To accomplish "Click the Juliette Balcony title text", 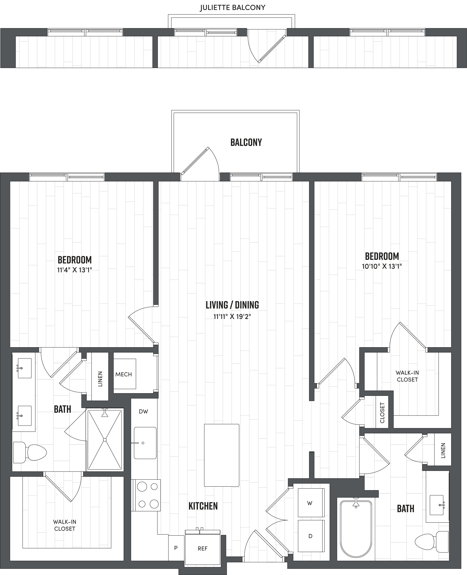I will click(x=232, y=8).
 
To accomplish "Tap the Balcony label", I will click(x=246, y=142).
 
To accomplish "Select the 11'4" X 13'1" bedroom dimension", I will click(x=74, y=270).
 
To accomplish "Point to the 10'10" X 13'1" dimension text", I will click(x=382, y=266).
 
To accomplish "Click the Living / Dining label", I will click(x=232, y=305).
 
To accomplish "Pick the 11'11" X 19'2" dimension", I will click(x=232, y=316).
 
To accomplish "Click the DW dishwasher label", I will click(x=143, y=411).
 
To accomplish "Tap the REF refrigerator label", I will click(x=203, y=548).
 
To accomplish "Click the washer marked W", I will click(x=310, y=503).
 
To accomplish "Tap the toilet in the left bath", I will click(x=31, y=452).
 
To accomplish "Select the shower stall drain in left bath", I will click(x=105, y=440).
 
